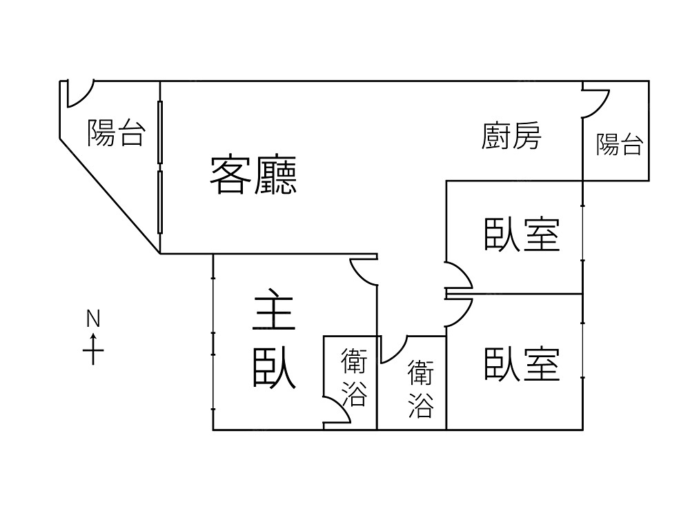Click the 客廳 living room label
click(253, 176)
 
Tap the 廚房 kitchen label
click(511, 136)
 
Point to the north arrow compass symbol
click(93, 348)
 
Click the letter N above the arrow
click(93, 319)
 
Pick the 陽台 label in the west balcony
click(116, 132)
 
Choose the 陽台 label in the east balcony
click(620, 145)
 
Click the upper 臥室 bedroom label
click(521, 234)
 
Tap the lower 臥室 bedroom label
click(521, 363)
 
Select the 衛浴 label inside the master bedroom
click(354, 377)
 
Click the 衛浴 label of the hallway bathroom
click(420, 388)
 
